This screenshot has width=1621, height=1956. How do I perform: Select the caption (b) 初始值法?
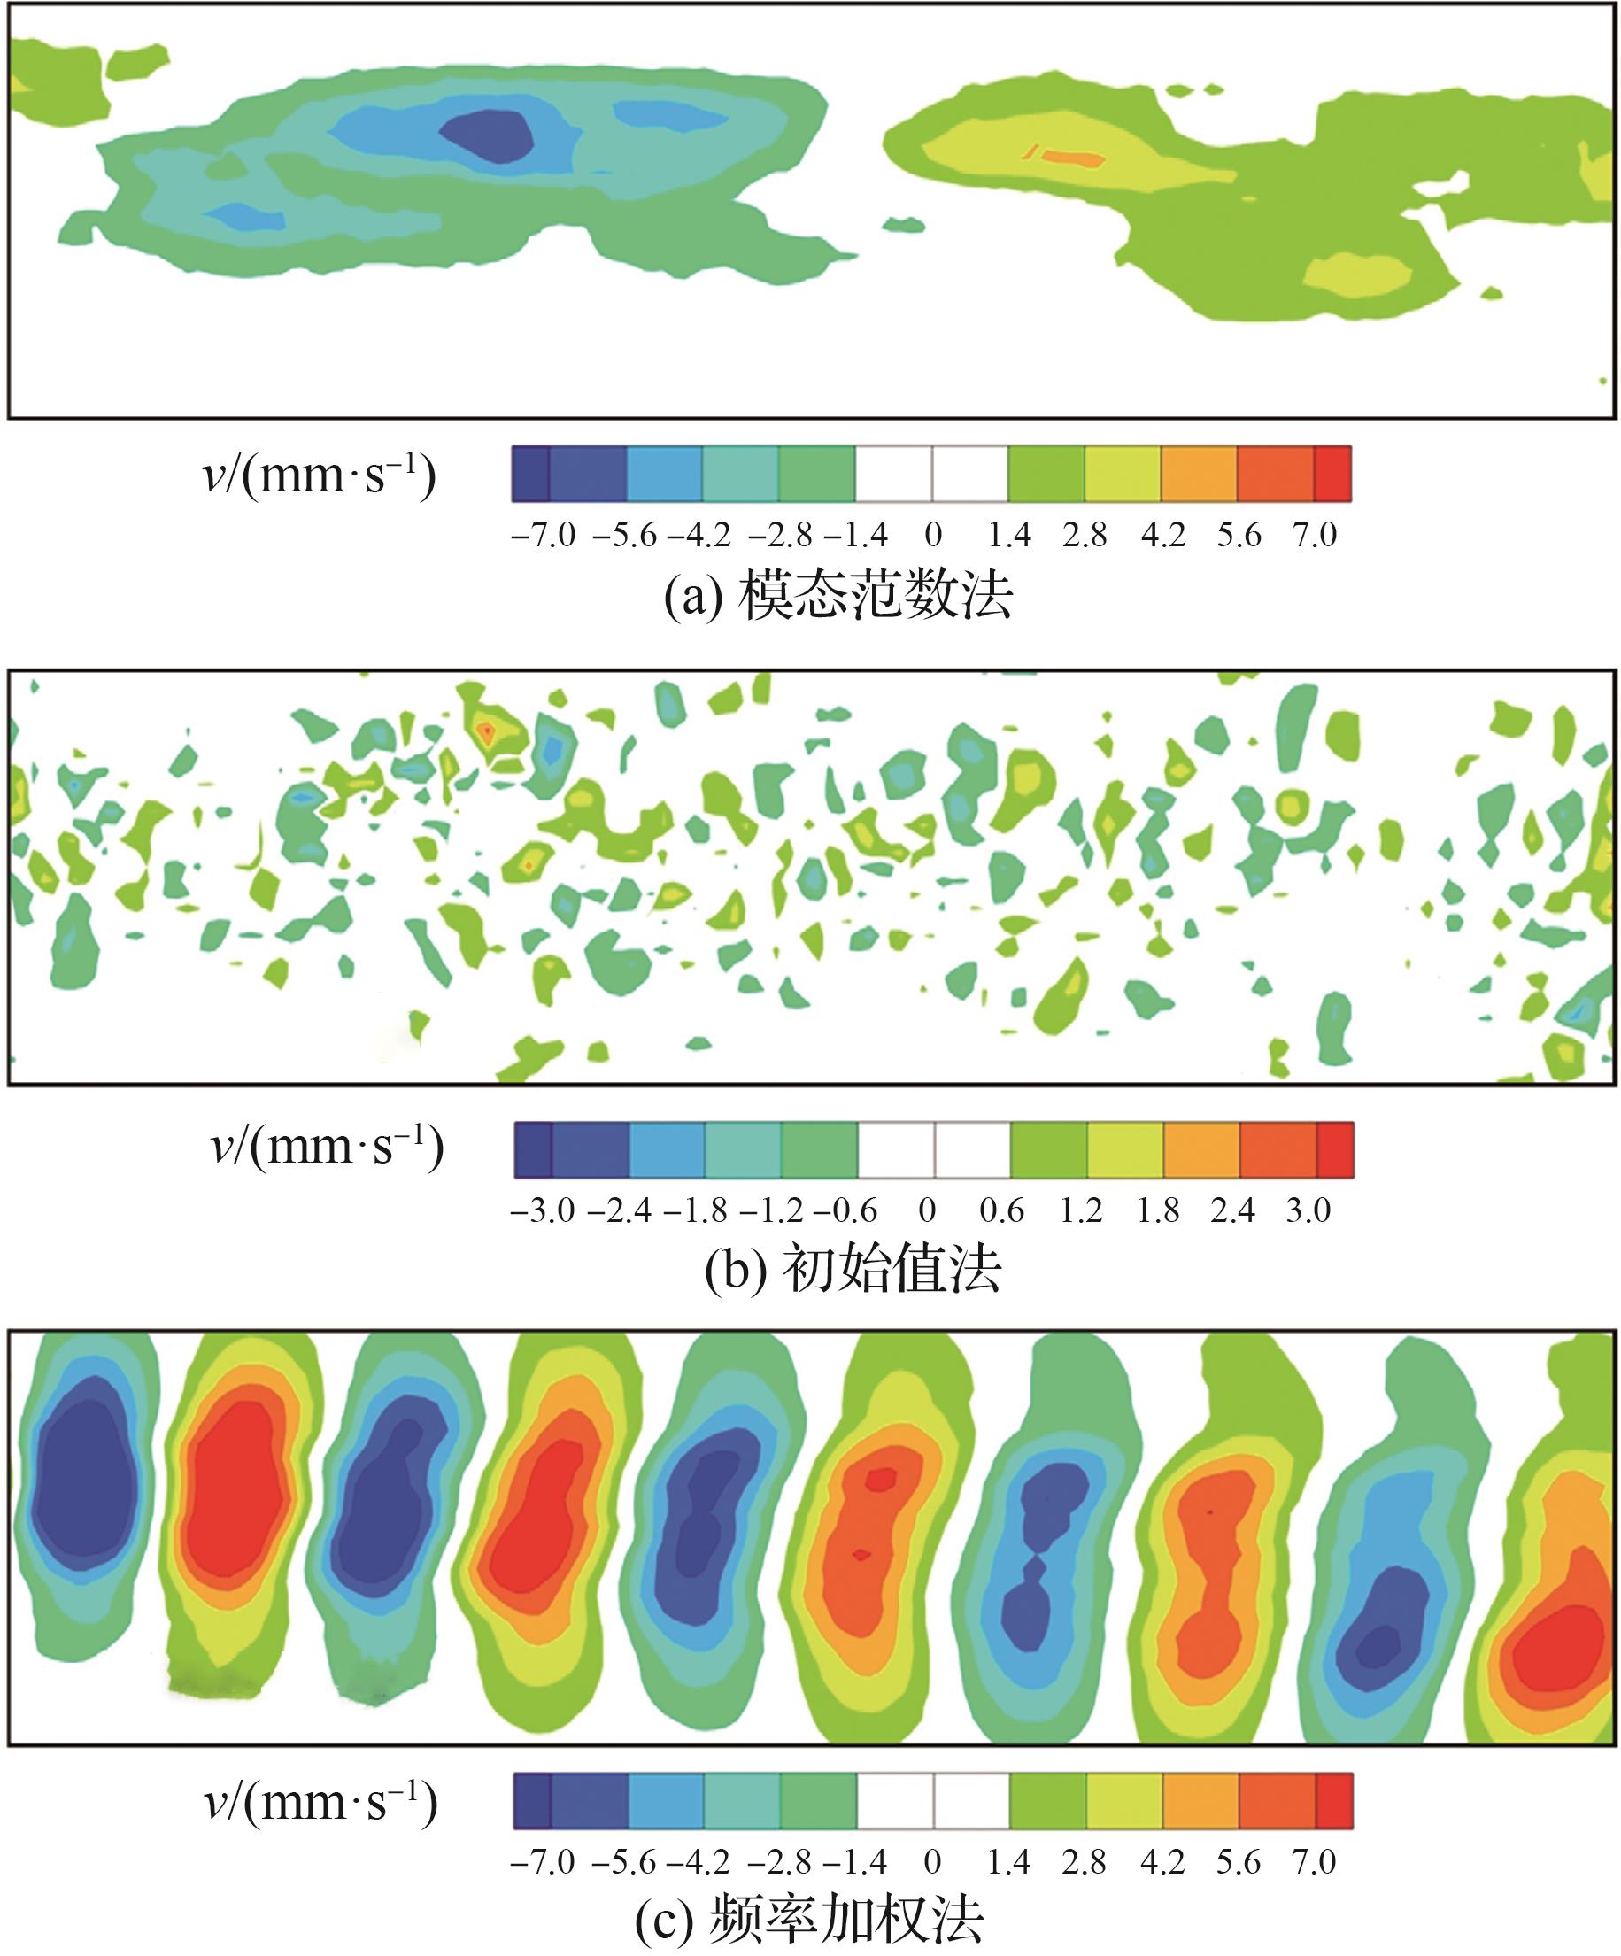852,1269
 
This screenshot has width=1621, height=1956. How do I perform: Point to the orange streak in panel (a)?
1069,157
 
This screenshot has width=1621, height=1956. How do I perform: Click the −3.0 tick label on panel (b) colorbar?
542,1210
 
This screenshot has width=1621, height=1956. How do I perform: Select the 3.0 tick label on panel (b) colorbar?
1308,1210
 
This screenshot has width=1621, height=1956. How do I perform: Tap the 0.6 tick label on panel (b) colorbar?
1001,1210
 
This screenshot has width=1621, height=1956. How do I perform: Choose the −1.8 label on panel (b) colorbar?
695,1210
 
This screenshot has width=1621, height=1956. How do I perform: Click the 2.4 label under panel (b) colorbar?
1231,1210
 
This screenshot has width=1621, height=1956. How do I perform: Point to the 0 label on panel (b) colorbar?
926,1210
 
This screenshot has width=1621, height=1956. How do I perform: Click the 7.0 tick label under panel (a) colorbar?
1314,535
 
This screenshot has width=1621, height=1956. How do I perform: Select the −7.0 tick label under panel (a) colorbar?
543,535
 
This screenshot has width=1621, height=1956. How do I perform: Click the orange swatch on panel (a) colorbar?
1199,474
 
